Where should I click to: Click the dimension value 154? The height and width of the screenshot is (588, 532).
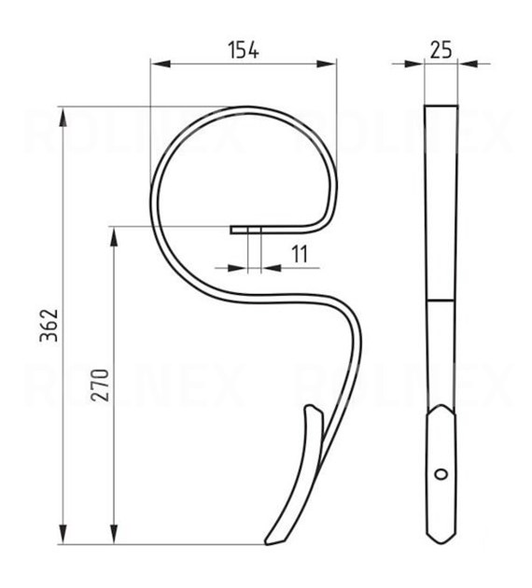coord(244,50)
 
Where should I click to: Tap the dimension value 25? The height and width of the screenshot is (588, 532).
coord(441,49)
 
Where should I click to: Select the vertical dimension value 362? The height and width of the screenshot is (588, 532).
coord(49,325)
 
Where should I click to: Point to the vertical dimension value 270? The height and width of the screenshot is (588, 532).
coord(100,385)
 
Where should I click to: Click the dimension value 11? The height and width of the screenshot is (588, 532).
coord(300,254)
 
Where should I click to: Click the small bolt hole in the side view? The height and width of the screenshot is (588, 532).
coord(441,474)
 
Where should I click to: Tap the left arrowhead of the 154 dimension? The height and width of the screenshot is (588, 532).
coord(161,63)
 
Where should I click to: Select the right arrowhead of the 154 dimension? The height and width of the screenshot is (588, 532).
coord(326,63)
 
